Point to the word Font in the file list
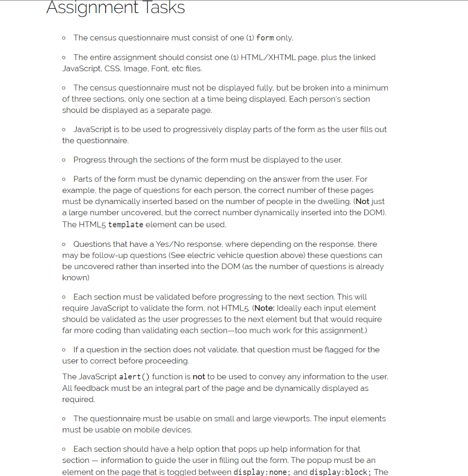coord(158,68)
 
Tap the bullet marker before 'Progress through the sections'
coord(64,160)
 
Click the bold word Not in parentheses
coord(362,201)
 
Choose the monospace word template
coord(125,225)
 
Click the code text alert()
coord(134,377)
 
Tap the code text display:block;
coord(340,472)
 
